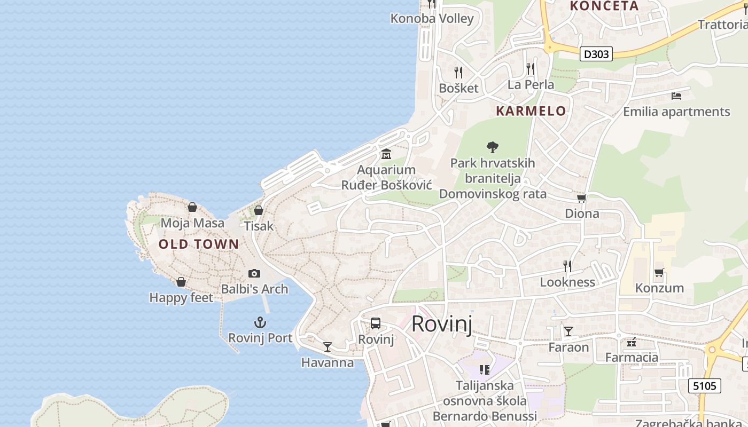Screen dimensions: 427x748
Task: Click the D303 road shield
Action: tap(596, 54)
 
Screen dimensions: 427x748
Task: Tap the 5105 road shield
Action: tap(704, 385)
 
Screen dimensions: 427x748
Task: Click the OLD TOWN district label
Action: tap(199, 244)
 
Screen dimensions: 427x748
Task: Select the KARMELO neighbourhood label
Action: tap(531, 111)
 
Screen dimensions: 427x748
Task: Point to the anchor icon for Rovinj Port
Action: tap(260, 322)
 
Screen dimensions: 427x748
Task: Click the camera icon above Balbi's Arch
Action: tap(254, 273)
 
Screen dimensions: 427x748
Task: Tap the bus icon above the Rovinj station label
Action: tap(376, 323)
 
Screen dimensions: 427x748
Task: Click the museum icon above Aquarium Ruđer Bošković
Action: tap(386, 154)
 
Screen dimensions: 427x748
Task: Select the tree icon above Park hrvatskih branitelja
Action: tap(493, 147)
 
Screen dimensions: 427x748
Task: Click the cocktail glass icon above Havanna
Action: tap(328, 347)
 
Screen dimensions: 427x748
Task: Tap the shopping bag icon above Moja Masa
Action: tap(192, 207)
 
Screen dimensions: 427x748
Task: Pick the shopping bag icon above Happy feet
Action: tap(181, 281)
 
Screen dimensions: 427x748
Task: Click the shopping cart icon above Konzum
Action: tap(659, 273)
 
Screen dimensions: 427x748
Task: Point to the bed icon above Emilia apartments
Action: tap(676, 96)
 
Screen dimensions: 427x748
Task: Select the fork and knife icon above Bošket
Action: tap(458, 72)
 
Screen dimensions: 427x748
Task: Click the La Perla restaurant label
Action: tap(531, 85)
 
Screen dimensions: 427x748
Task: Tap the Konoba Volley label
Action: tap(432, 19)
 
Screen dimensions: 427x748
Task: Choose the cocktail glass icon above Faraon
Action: tap(568, 331)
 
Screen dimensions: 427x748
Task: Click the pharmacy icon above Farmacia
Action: tap(632, 342)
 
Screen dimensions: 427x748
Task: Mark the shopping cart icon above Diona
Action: tap(582, 199)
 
